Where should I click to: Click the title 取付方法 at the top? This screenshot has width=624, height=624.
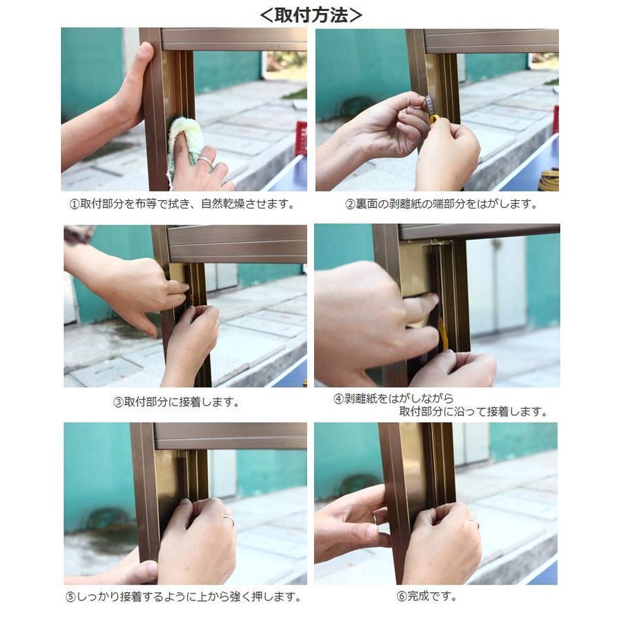tap(311, 15)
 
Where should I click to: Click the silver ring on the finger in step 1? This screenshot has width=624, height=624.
tap(206, 161)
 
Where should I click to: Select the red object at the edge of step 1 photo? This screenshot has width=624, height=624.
tap(302, 138)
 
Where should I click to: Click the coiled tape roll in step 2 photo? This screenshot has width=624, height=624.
tap(549, 180)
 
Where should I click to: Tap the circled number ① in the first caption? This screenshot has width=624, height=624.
tap(74, 205)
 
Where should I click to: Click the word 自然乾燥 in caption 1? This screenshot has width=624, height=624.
tap(223, 204)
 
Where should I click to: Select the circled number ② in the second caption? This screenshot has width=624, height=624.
tap(350, 205)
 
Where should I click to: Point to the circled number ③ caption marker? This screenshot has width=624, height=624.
tap(119, 402)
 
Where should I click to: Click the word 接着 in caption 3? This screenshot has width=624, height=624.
tap(190, 402)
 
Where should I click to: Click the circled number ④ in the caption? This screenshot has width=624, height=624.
tap(338, 399)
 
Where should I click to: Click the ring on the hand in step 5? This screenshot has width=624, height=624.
tap(229, 519)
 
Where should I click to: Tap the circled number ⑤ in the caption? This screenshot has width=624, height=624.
tap(71, 598)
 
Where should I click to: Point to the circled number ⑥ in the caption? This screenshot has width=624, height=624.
tap(401, 596)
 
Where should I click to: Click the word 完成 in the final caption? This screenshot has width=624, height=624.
tap(418, 596)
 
